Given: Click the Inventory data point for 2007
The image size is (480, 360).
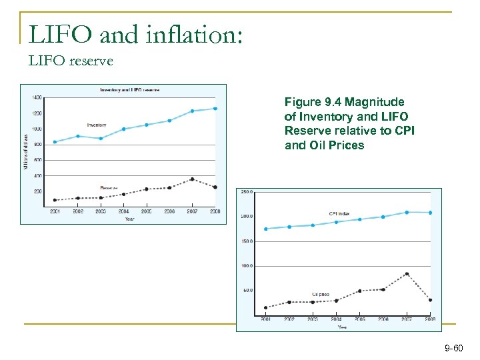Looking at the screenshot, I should [192, 111].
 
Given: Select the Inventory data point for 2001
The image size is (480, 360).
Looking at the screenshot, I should [55, 141].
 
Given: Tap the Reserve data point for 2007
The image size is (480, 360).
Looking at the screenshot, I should [192, 179].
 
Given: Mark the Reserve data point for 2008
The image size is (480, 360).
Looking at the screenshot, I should [215, 187].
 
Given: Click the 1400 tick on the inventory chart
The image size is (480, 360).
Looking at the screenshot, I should [35, 97].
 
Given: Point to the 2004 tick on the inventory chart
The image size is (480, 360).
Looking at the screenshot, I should [123, 211].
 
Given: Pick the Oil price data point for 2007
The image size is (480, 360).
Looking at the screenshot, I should [407, 273].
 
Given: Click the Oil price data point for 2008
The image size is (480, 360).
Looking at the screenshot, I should [430, 300].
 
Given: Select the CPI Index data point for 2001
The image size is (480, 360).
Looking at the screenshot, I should [266, 229].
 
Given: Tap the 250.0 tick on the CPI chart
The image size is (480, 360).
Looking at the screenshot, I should [246, 192].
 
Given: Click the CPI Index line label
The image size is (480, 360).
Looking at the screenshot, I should [341, 214].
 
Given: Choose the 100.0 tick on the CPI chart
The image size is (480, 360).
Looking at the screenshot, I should [246, 265].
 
